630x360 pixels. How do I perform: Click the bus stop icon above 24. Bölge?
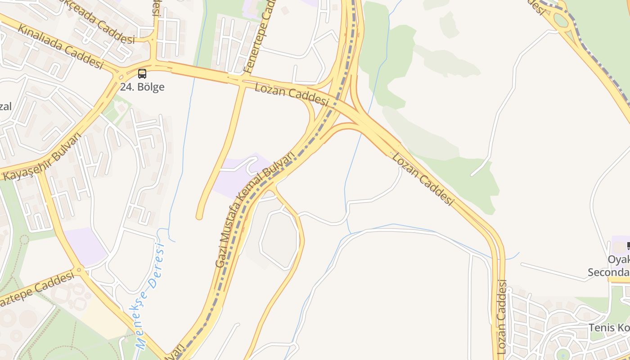point(142,74)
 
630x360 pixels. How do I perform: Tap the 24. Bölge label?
point(142,87)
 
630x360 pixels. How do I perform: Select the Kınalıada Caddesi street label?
point(60,46)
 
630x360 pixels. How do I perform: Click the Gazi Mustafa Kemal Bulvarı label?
point(254,210)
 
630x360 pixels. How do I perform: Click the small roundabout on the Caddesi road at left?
point(79,270)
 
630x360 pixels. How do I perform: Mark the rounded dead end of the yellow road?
point(199,217)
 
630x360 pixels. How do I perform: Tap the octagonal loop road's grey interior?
point(279,240)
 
